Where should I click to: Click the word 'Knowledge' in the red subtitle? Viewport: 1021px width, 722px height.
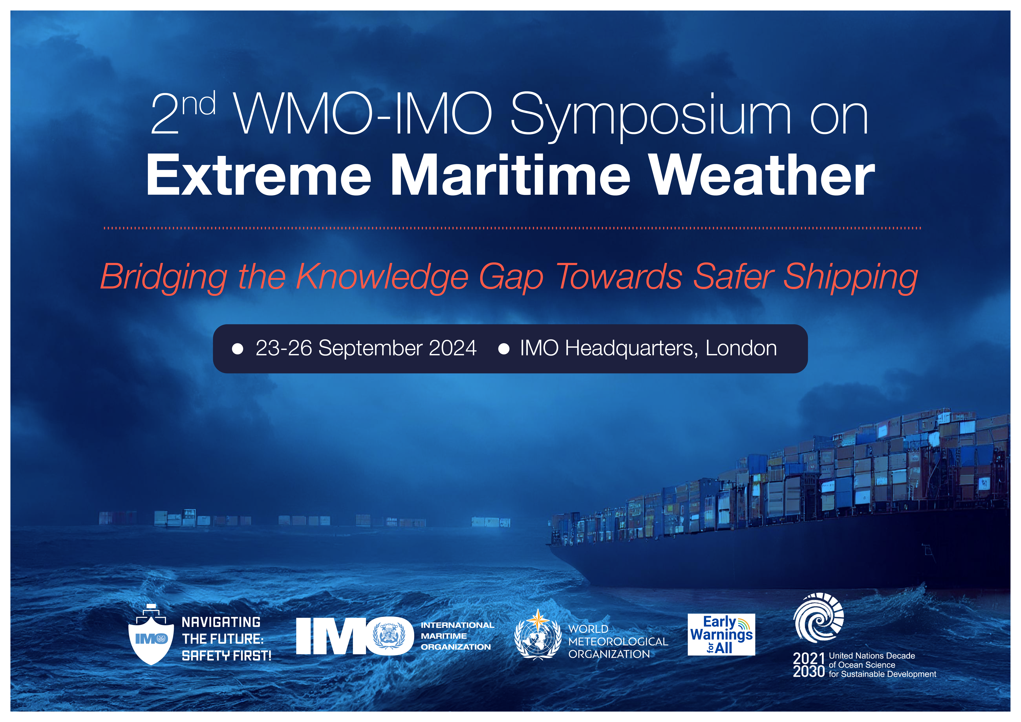(x=382, y=278)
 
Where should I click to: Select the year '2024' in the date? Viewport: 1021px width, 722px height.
(x=453, y=348)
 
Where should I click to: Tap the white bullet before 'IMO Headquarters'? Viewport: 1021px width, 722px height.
(x=504, y=349)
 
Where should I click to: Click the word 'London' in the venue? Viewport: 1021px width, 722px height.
(x=741, y=348)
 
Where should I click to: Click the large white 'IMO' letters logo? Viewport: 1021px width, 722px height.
(x=355, y=636)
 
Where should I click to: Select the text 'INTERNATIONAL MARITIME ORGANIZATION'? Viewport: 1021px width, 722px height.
(x=457, y=636)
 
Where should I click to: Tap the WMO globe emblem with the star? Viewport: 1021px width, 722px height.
(x=538, y=635)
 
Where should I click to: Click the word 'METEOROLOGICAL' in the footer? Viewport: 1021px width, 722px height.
(x=618, y=641)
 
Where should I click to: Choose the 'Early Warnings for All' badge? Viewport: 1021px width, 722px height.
(x=721, y=634)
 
